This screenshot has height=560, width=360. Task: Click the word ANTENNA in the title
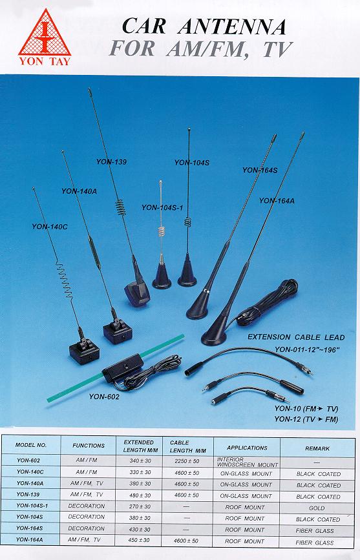[x=232, y=26]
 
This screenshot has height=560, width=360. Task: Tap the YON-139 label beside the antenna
[x=111, y=161]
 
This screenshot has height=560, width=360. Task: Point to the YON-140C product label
[x=49, y=227]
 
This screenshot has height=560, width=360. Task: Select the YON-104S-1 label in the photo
[x=162, y=207]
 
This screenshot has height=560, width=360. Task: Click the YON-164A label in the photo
[x=277, y=201]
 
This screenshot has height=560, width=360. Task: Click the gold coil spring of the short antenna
[x=162, y=233]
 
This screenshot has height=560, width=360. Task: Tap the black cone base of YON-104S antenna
[x=187, y=271]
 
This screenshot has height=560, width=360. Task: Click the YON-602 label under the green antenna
[x=104, y=397]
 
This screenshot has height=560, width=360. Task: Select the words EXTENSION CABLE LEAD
[x=296, y=337]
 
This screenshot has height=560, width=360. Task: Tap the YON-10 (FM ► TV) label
[x=306, y=409]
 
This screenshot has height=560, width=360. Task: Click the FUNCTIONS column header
[x=89, y=446]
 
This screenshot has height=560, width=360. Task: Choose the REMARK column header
[x=317, y=448]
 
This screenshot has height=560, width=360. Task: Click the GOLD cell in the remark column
[x=317, y=508]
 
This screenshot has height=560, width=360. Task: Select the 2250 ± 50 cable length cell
[x=187, y=461]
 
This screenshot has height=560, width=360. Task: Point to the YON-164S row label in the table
[x=30, y=528]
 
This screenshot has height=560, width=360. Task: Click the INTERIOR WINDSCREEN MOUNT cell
[x=247, y=462]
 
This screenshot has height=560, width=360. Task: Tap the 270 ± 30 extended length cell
[x=140, y=506]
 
